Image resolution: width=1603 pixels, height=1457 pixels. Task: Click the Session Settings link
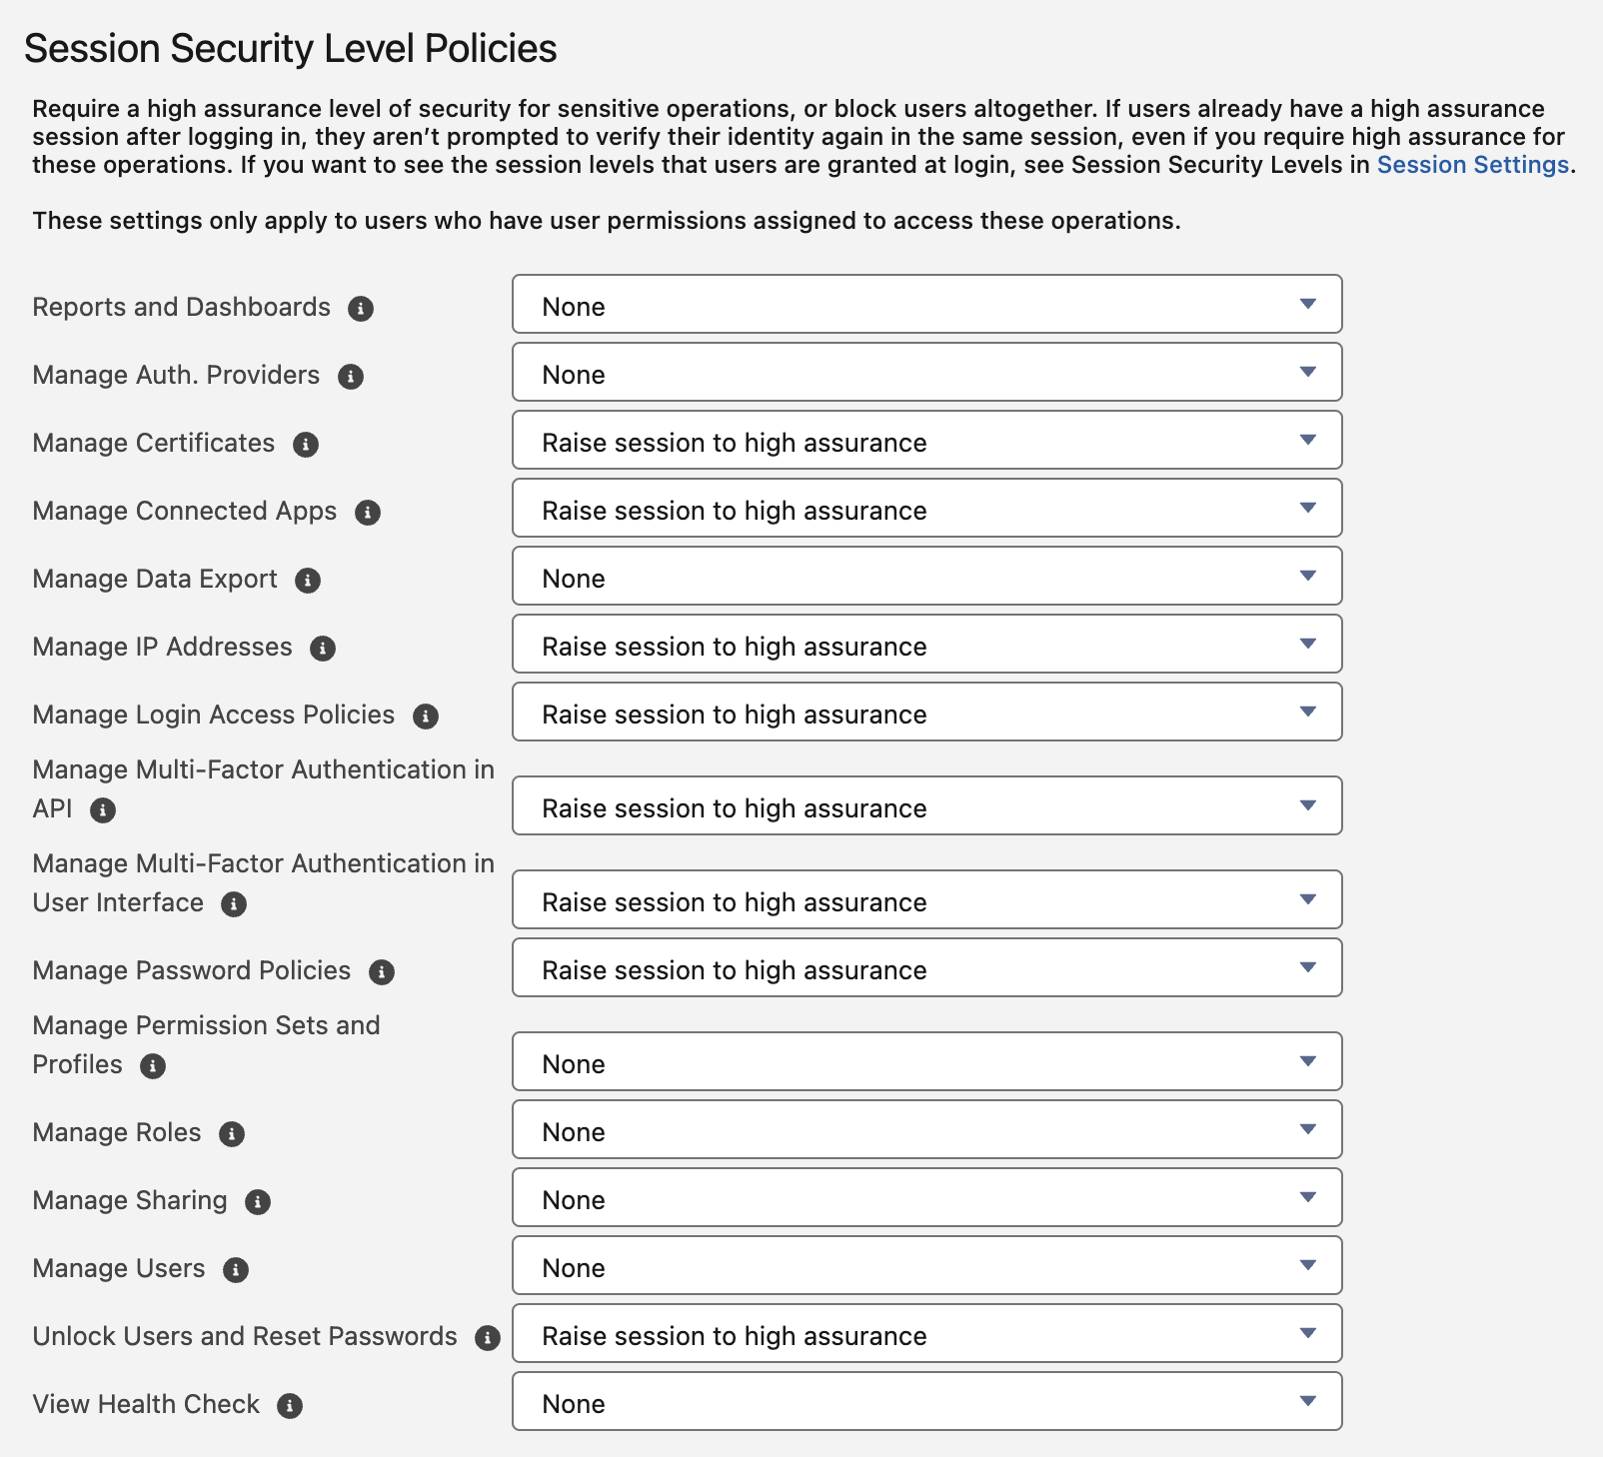[x=1472, y=165]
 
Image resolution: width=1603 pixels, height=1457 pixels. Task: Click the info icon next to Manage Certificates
[x=306, y=445]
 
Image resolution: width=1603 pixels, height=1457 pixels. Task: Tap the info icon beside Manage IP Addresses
[x=323, y=649]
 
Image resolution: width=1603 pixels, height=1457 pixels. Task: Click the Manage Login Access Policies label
[x=213, y=716]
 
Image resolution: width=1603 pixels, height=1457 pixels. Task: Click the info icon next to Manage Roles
[x=232, y=1134]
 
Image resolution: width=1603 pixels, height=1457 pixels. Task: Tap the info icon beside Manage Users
[x=236, y=1270]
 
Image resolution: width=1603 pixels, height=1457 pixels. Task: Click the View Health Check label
[x=146, y=1405]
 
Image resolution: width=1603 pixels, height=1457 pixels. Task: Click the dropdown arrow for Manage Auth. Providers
[x=1307, y=373]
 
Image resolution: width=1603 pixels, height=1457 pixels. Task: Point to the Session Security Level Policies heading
[x=290, y=49]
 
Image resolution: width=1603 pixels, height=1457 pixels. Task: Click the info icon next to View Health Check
[x=290, y=1406]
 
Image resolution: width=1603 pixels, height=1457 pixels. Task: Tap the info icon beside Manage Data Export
[x=308, y=581]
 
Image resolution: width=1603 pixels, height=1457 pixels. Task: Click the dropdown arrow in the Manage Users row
[x=1307, y=1266]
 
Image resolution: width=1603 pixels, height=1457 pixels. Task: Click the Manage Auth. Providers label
[x=176, y=376]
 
